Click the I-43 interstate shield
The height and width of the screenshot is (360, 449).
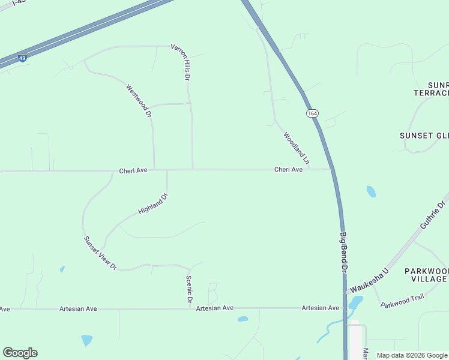[22, 58]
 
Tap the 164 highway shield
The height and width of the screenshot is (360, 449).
[312, 113]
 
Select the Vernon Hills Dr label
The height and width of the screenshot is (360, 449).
[180, 62]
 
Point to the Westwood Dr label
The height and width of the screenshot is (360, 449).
[139, 100]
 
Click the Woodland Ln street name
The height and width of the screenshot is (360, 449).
[297, 148]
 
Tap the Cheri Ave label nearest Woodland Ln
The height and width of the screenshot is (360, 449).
[289, 170]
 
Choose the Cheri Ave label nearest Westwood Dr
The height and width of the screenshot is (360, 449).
[133, 170]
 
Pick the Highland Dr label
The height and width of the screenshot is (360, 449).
[152, 204]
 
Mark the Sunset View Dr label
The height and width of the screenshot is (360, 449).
[100, 253]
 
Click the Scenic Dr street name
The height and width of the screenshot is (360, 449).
[188, 289]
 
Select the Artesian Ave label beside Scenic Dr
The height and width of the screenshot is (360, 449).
[215, 308]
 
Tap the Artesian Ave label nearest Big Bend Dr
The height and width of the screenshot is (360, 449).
[321, 308]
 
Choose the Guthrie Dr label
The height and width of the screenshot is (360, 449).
[433, 214]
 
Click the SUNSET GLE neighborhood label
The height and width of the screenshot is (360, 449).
[424, 136]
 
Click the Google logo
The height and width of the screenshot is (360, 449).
[20, 353]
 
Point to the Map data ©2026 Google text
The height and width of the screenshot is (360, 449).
[412, 355]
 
